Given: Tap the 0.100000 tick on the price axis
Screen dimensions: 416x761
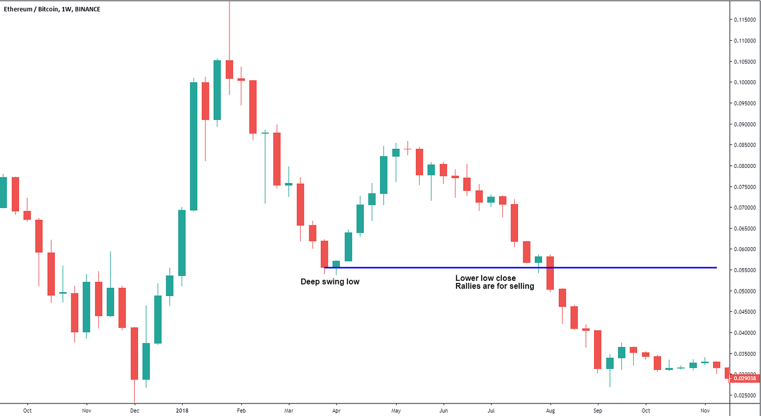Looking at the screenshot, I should pyautogui.click(x=744, y=82).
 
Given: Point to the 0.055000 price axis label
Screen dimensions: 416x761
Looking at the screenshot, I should pyautogui.click(x=744, y=270).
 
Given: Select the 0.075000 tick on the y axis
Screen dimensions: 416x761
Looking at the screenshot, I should pyautogui.click(x=744, y=187).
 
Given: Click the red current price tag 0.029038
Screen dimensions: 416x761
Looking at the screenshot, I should pyautogui.click(x=744, y=378).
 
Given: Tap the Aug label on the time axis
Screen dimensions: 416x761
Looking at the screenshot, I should pyautogui.click(x=551, y=411).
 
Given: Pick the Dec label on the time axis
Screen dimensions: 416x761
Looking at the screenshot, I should pyautogui.click(x=135, y=411).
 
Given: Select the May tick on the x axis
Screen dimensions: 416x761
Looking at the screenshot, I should pyautogui.click(x=396, y=411).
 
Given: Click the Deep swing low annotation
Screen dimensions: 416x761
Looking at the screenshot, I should pyautogui.click(x=330, y=282).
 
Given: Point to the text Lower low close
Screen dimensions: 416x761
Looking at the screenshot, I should pyautogui.click(x=485, y=278).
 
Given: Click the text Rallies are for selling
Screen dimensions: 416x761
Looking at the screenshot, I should pyautogui.click(x=495, y=286).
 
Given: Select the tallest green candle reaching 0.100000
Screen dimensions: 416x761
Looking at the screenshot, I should pyautogui.click(x=194, y=146).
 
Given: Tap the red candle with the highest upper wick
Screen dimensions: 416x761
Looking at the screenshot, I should pyautogui.click(x=229, y=70).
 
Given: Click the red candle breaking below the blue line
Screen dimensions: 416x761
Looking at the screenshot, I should pyautogui.click(x=550, y=273).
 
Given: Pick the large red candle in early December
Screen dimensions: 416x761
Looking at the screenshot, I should pyautogui.click(x=134, y=353).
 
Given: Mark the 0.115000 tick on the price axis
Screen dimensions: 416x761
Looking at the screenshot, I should pyautogui.click(x=744, y=20).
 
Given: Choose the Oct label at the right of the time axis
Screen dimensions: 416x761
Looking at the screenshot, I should pyautogui.click(x=645, y=411).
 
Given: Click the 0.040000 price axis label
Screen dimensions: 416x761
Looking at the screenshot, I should pyautogui.click(x=744, y=333).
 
